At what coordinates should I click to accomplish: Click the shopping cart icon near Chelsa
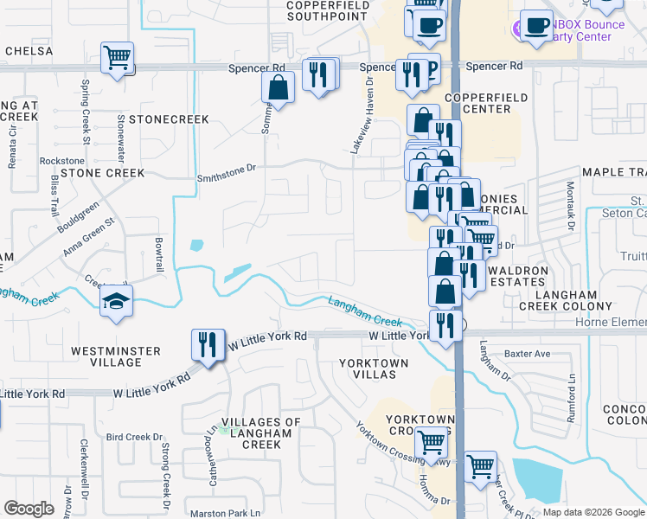click(x=117, y=58)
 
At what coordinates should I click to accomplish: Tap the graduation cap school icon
click(x=116, y=302)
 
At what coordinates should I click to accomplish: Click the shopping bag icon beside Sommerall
click(x=279, y=86)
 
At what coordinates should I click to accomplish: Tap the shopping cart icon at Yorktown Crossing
click(x=431, y=442)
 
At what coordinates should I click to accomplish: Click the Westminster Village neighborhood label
click(x=116, y=356)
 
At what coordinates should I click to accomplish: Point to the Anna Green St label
click(x=88, y=238)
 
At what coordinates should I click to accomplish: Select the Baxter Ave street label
click(x=528, y=354)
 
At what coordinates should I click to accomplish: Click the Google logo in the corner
click(x=29, y=509)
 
